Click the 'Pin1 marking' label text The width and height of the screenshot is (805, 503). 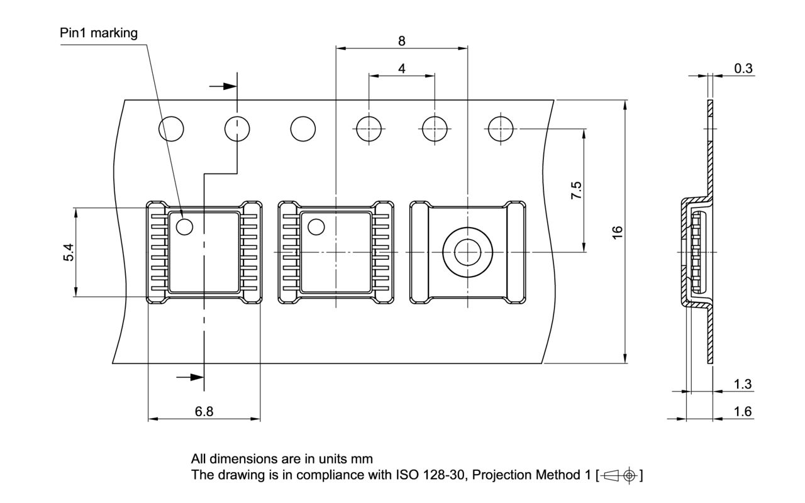point(99,33)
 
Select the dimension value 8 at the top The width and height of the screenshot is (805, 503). point(402,41)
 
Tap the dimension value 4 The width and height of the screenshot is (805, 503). point(402,68)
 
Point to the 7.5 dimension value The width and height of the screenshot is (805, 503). point(576,191)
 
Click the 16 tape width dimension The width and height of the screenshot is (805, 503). point(618,231)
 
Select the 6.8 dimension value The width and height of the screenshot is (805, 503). point(204,412)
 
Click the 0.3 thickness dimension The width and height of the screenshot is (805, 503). point(743,68)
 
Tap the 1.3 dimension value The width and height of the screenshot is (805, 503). point(743,384)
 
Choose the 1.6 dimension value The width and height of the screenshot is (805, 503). point(743,412)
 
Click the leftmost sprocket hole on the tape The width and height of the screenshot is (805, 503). point(171,129)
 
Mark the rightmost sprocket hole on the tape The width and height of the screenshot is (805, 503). point(501,129)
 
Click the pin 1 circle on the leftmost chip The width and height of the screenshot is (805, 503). point(185,227)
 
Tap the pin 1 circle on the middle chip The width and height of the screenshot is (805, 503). point(316,227)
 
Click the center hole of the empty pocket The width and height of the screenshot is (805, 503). point(467,251)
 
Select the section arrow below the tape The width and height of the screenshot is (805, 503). point(191,377)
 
